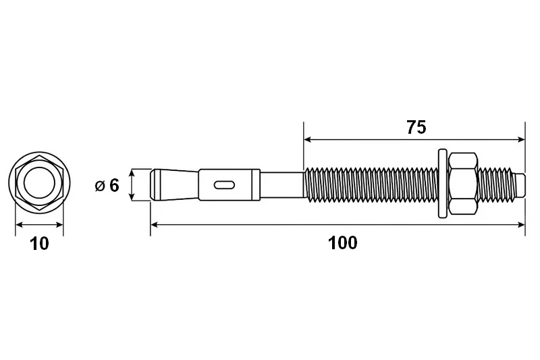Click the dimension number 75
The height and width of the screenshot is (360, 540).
coord(416,127)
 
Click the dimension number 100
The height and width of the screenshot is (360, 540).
coord(343,243)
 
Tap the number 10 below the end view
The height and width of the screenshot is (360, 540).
coord(40,244)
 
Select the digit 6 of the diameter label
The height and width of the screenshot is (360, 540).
coord(114,185)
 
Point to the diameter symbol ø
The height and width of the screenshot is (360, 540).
coord(100,186)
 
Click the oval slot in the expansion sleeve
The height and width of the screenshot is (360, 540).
coord(224,184)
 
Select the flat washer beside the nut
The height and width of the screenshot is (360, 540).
coord(443,184)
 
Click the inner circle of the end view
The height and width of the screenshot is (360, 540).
coord(40,182)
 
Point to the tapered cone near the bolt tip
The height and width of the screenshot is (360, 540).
coord(175,184)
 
